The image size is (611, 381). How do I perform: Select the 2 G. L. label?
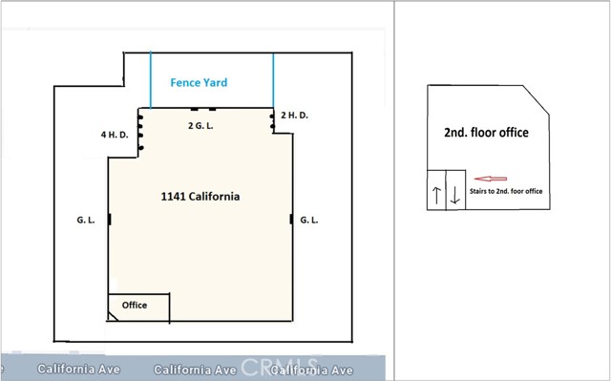200,124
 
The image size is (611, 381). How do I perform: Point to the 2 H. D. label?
295,116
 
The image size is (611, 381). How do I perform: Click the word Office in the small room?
135,305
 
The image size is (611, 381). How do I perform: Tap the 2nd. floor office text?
486,133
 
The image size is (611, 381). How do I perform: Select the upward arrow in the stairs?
436,196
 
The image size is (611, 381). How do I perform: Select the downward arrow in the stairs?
455,196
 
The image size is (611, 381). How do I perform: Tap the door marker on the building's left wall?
109,220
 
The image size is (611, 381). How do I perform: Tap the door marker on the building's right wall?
290,220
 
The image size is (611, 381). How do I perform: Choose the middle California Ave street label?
194,370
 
